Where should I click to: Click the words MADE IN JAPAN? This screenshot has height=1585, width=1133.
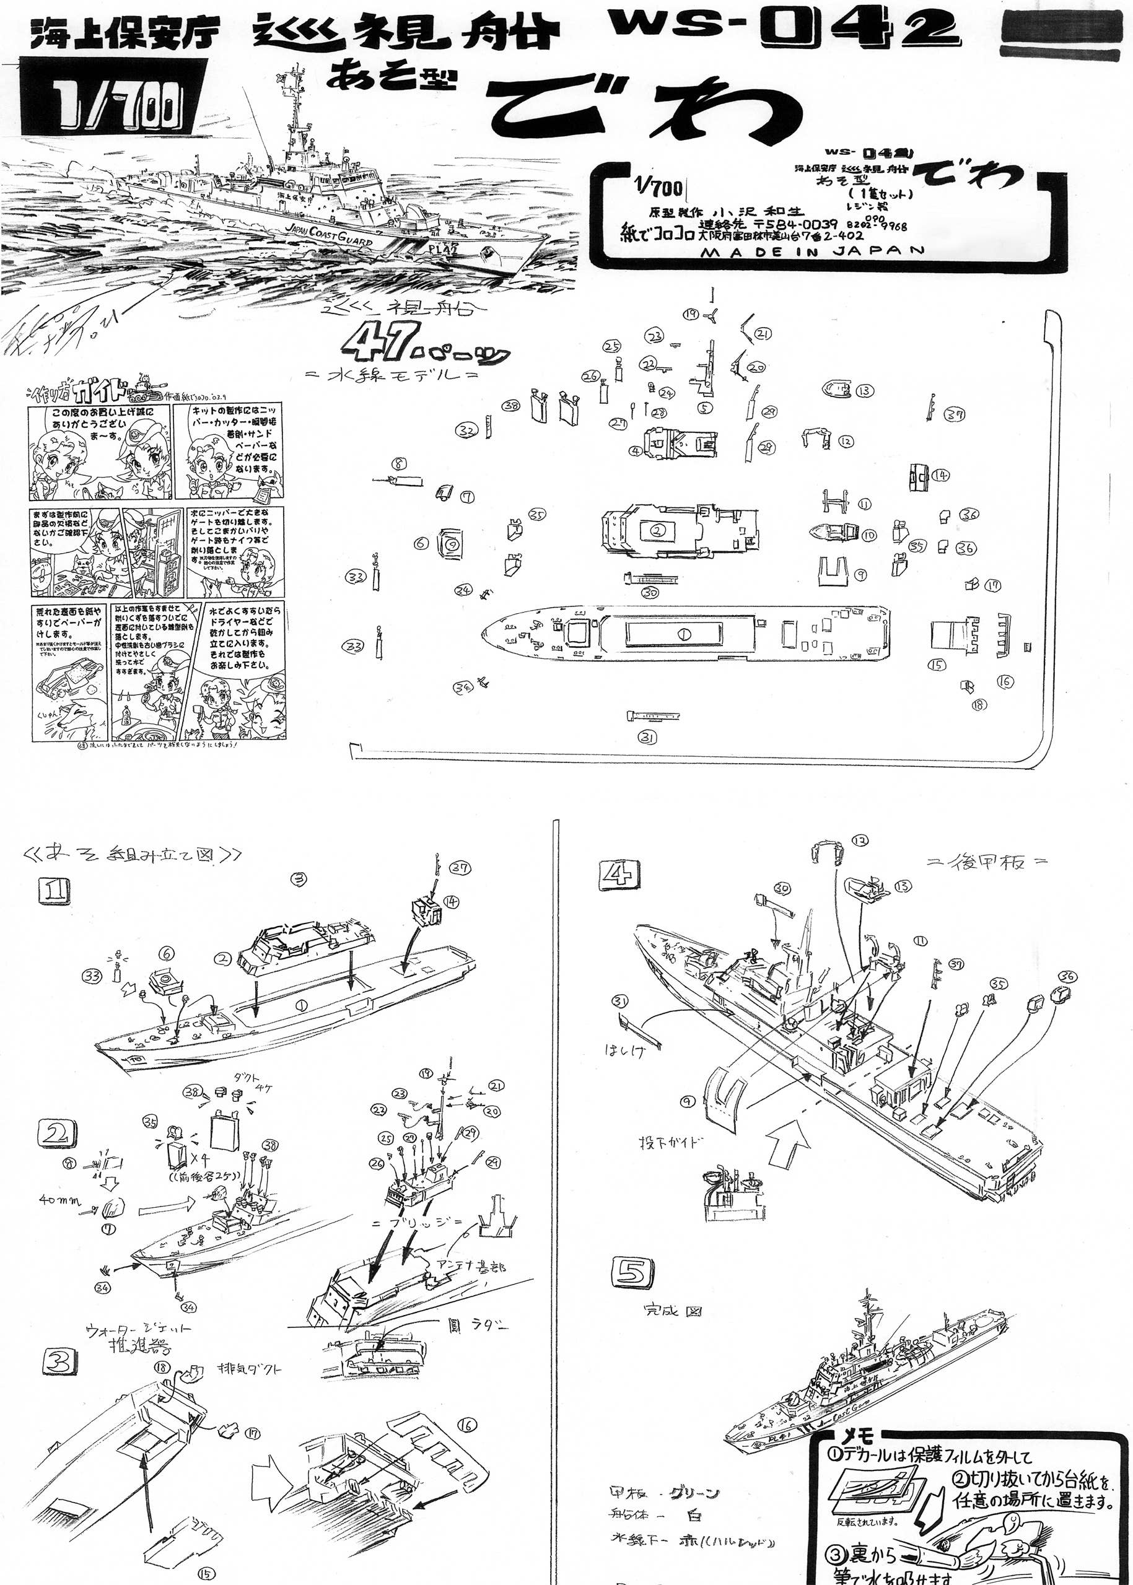[812, 251]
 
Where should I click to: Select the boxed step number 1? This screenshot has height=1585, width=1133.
[55, 891]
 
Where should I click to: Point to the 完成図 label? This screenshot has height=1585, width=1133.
[672, 1310]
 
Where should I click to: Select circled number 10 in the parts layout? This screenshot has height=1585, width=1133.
[868, 535]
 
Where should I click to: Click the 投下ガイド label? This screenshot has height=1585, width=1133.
[670, 1143]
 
